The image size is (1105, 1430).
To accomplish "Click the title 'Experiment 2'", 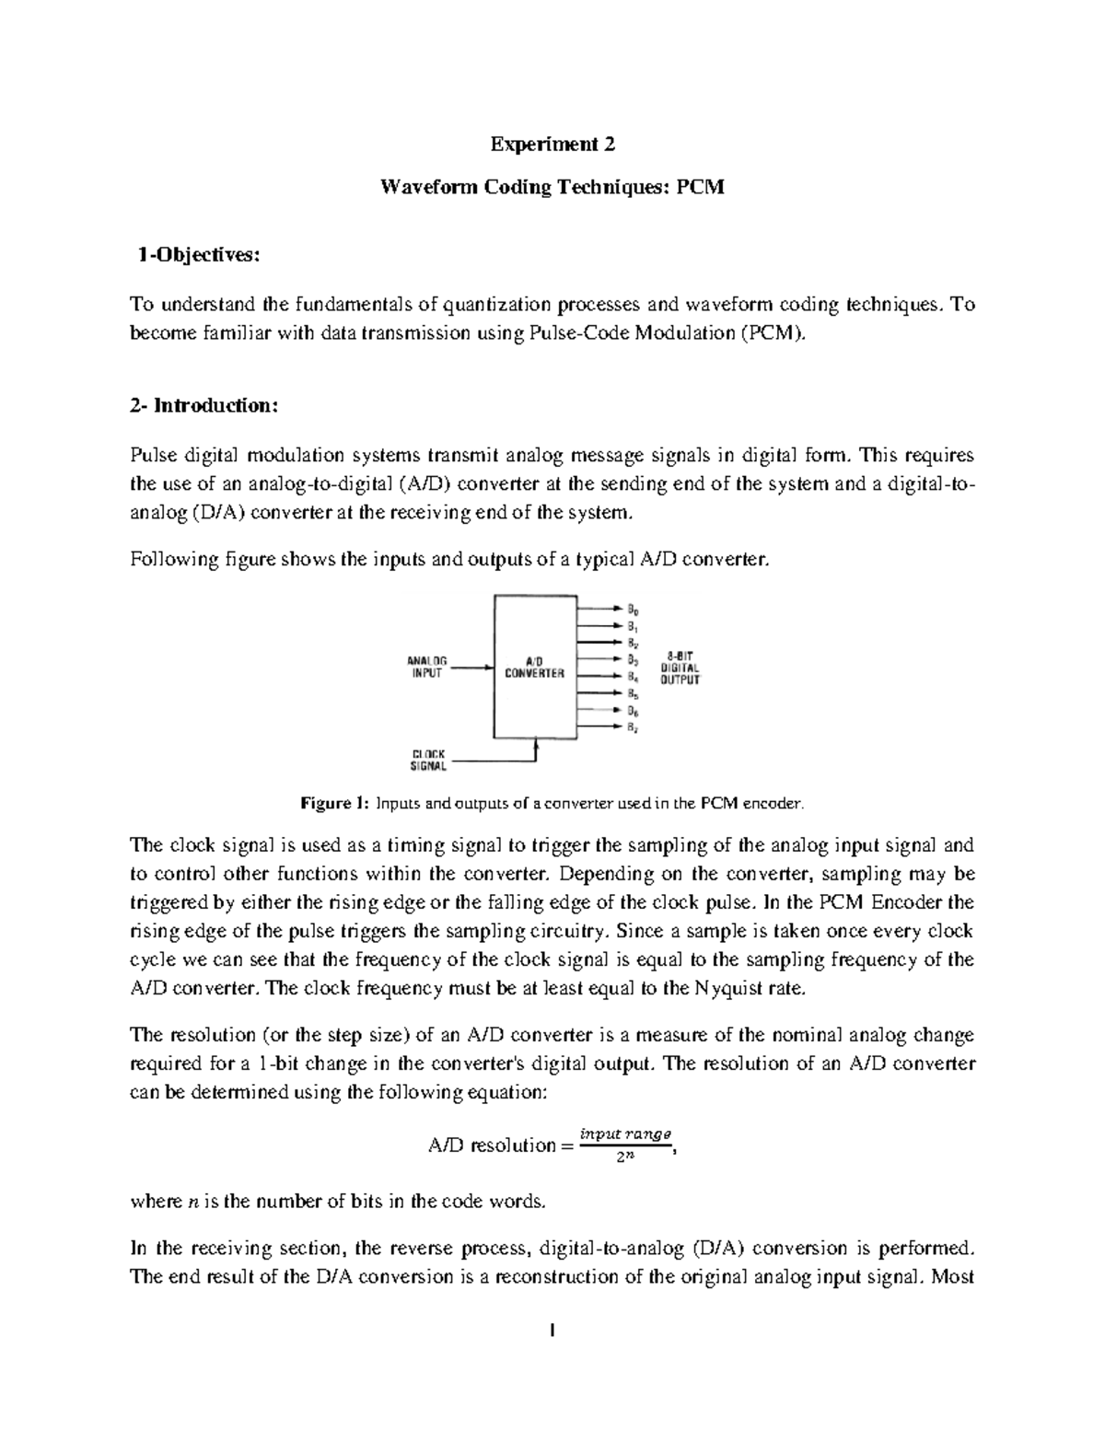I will (552, 145).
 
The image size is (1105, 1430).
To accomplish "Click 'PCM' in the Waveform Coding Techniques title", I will (701, 188).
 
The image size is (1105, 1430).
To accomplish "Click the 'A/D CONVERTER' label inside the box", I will (534, 667).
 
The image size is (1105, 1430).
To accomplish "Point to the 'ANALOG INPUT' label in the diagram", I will (426, 667).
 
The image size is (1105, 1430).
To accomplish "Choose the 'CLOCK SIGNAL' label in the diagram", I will (428, 759).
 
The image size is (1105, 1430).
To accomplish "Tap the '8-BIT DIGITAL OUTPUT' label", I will (680, 668).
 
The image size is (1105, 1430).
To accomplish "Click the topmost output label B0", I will (633, 609).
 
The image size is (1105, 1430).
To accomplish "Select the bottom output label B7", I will (633, 727).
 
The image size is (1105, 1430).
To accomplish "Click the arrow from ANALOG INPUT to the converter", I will (474, 669).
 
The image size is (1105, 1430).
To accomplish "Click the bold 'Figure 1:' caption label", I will (335, 803).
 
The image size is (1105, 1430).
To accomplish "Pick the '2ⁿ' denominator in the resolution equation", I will (624, 1157).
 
